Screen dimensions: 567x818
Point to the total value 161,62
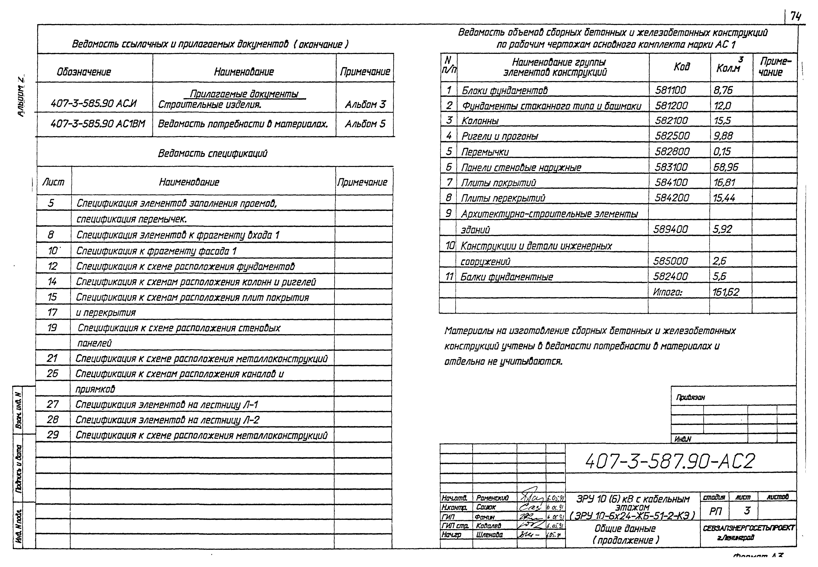click(x=725, y=292)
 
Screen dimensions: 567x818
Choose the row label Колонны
click(x=480, y=121)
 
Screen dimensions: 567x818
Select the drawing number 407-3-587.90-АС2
click(x=670, y=461)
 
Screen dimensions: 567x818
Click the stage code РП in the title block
click(x=715, y=511)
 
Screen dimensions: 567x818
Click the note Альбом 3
click(x=365, y=104)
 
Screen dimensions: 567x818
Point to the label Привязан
click(x=690, y=397)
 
